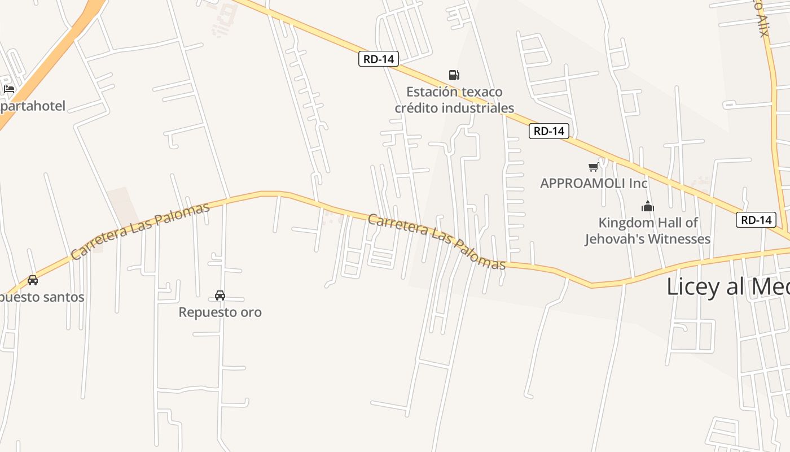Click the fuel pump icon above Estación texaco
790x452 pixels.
[x=454, y=75]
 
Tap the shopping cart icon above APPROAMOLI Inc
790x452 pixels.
[x=593, y=167]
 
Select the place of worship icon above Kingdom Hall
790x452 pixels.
[x=648, y=206]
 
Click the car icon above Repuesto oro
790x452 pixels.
[x=220, y=295]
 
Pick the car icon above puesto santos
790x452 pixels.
[x=33, y=280]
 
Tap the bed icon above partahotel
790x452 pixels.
[x=9, y=89]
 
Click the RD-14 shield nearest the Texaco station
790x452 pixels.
[x=379, y=59]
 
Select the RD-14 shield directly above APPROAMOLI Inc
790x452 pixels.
[x=549, y=131]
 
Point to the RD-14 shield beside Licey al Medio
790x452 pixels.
[x=756, y=220]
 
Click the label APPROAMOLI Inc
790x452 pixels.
[x=594, y=183]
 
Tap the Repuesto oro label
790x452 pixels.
[x=220, y=312]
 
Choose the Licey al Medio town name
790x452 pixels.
[x=728, y=286]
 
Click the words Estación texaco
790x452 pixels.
[x=454, y=92]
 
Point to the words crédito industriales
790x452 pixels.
[x=454, y=108]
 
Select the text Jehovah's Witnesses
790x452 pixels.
[x=647, y=239]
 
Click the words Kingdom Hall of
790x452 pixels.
[x=648, y=223]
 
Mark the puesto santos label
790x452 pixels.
[x=42, y=297]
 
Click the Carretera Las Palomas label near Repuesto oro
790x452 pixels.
[x=141, y=231]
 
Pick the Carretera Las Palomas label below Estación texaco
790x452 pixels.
[x=436, y=242]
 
